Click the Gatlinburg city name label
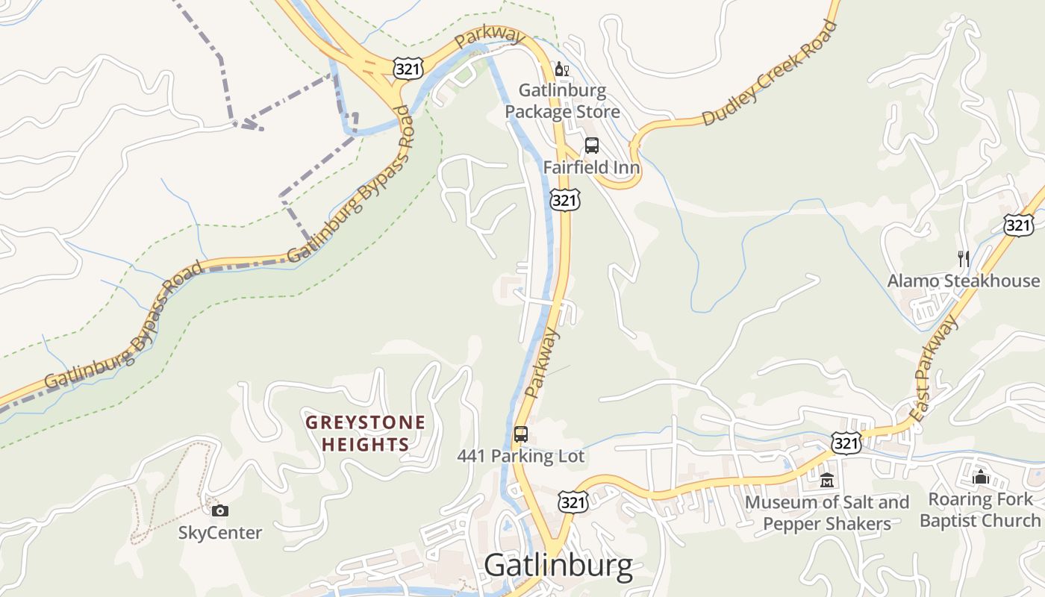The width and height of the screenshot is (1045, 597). (558, 566)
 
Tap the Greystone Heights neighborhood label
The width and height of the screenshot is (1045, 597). (366, 434)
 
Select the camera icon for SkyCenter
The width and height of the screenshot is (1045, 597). (219, 510)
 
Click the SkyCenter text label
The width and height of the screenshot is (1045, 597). (220, 533)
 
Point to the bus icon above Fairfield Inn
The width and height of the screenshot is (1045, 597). (591, 146)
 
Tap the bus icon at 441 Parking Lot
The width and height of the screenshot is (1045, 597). (521, 434)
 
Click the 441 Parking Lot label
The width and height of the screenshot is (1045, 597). (521, 456)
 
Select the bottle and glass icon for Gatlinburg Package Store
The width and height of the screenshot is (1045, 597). (561, 69)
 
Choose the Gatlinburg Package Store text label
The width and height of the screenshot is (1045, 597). (562, 101)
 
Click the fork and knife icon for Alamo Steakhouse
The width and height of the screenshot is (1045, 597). (963, 259)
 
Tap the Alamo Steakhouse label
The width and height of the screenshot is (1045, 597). (963, 281)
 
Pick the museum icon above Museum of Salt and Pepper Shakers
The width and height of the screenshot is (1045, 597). (826, 480)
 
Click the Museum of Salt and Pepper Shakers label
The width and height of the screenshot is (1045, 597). (827, 513)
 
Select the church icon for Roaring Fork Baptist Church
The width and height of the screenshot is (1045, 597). (980, 476)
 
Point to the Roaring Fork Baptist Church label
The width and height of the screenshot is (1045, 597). (980, 510)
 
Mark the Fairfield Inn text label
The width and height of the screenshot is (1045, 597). (591, 167)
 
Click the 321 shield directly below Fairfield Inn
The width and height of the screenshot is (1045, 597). (565, 199)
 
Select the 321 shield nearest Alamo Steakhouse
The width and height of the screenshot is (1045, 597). (1018, 225)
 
